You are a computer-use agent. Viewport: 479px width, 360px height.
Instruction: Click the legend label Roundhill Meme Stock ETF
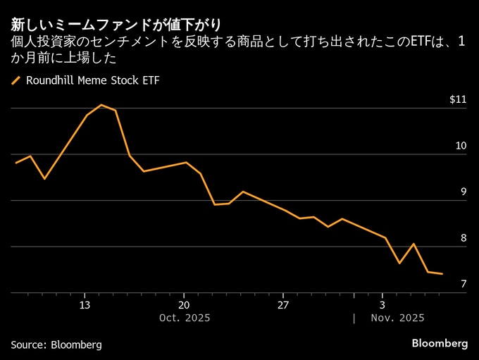92,80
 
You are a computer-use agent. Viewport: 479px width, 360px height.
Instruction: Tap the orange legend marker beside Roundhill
16,80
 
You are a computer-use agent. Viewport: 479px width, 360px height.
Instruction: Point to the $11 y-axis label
458,99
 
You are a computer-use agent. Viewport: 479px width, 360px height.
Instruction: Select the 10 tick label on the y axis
461,146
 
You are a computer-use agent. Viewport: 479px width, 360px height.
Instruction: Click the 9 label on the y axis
464,192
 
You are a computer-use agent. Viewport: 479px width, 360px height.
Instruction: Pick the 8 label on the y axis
464,238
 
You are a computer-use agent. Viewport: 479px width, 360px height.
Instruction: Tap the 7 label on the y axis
464,284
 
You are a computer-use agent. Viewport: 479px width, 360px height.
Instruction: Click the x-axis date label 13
85,305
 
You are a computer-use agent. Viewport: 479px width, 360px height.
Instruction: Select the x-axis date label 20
183,305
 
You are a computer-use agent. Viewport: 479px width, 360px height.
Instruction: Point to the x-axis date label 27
282,305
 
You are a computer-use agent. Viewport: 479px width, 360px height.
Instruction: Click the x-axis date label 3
382,305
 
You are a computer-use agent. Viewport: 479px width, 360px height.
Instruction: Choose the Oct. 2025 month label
185,318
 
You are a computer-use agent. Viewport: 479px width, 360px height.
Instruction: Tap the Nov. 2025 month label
398,318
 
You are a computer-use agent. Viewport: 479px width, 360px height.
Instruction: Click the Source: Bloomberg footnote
56,345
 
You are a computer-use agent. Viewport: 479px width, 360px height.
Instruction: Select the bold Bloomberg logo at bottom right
440,344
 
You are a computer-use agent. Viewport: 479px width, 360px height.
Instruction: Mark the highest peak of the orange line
101,105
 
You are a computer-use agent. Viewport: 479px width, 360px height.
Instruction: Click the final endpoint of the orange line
442,274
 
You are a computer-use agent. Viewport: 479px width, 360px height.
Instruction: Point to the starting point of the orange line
15,163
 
